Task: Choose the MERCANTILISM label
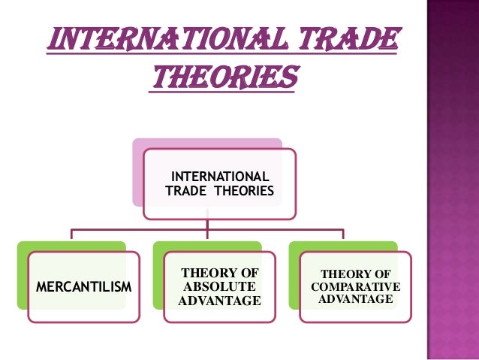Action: tap(83, 287)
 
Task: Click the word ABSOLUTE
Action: tap(219, 287)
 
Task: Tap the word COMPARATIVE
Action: tap(355, 287)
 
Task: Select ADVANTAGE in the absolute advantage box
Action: tap(219, 301)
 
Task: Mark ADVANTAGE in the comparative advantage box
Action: tap(355, 299)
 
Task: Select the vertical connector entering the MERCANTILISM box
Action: tap(72, 235)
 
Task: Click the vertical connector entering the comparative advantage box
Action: tap(344, 235)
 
